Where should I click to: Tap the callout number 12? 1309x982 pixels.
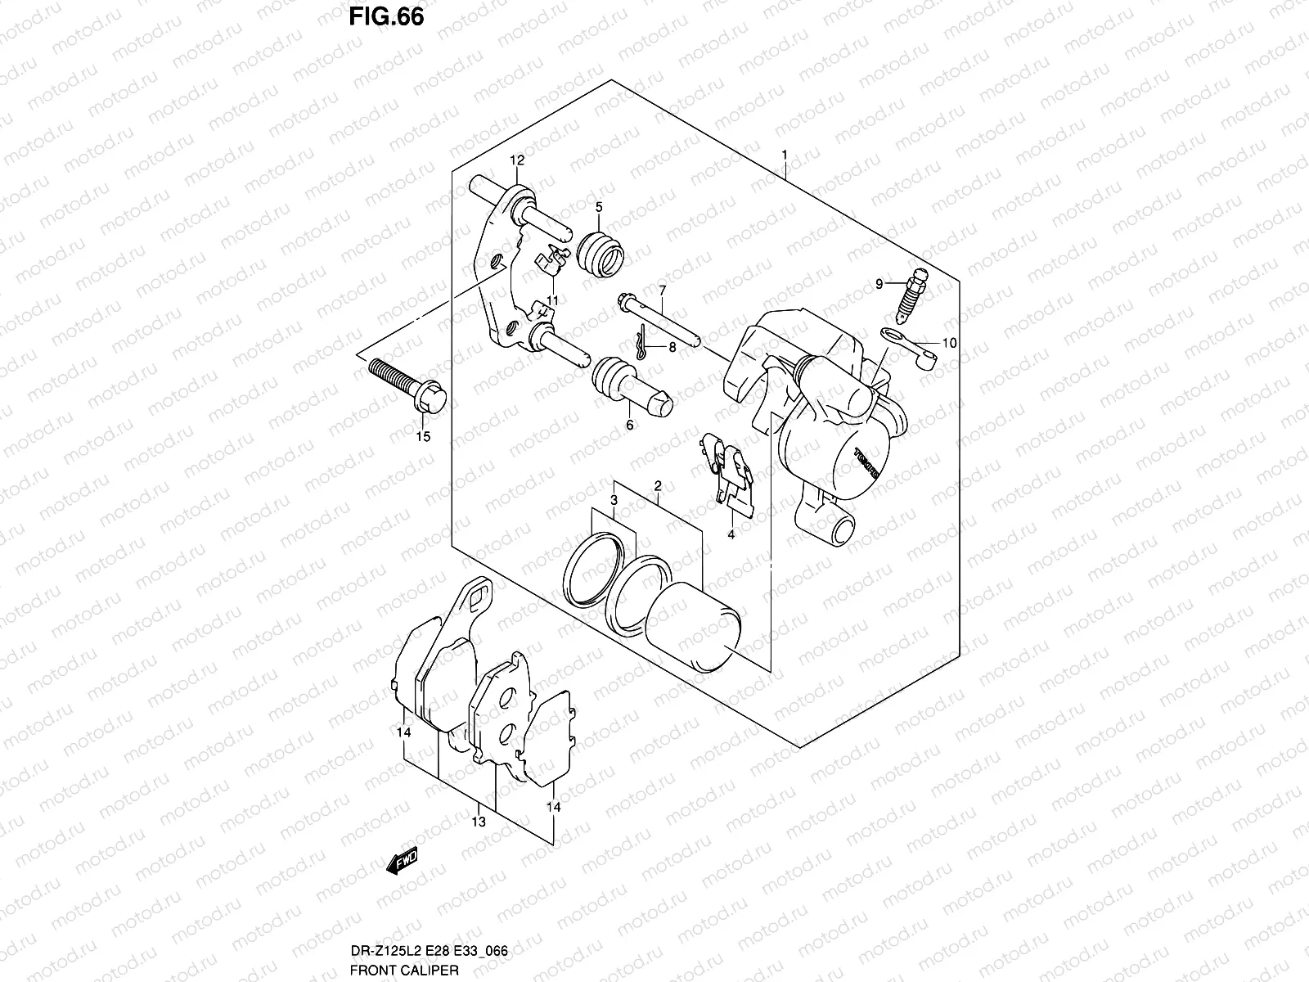517,160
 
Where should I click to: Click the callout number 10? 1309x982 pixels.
949,344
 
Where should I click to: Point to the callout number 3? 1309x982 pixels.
613,500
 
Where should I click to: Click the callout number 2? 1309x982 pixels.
658,487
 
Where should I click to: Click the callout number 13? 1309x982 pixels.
479,822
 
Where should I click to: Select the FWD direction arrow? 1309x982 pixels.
403,861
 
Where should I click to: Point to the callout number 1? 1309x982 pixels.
784,154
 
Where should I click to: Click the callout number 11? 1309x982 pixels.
553,300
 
